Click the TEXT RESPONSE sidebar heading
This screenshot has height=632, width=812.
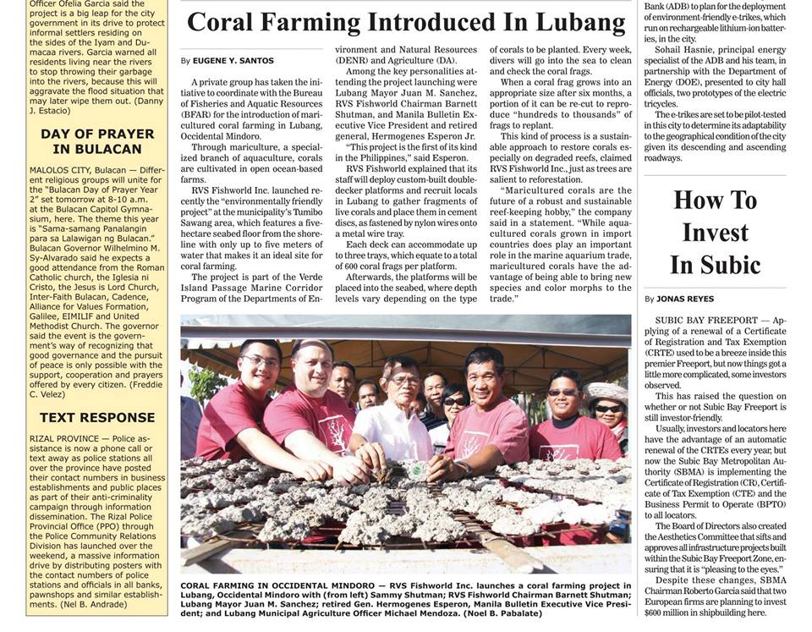97,417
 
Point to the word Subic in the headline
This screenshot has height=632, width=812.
716,265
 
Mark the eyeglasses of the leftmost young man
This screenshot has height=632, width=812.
258,362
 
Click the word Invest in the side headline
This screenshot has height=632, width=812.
715,233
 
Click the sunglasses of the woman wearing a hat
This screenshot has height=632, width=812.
607,409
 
